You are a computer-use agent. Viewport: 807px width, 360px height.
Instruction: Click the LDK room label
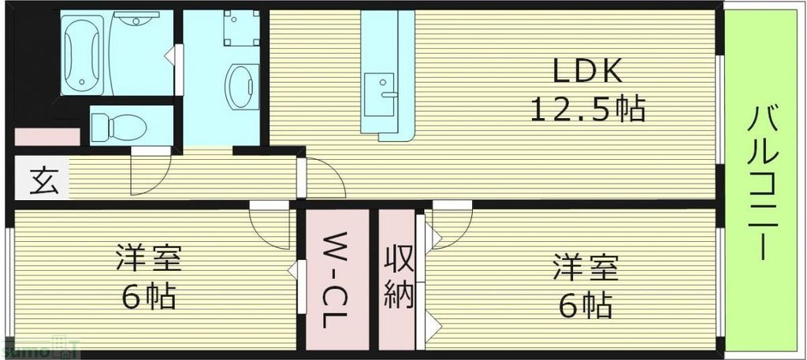coord(588,73)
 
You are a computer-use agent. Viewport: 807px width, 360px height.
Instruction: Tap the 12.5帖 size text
coord(588,109)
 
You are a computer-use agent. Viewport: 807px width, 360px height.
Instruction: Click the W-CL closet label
coord(337,279)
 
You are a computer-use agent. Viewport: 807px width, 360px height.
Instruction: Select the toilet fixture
coord(117,125)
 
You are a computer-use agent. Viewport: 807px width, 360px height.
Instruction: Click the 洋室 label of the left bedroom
coord(148,259)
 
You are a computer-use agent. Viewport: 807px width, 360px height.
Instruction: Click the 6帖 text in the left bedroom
coord(148,297)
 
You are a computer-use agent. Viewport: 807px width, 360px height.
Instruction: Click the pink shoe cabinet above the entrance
coord(46,136)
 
